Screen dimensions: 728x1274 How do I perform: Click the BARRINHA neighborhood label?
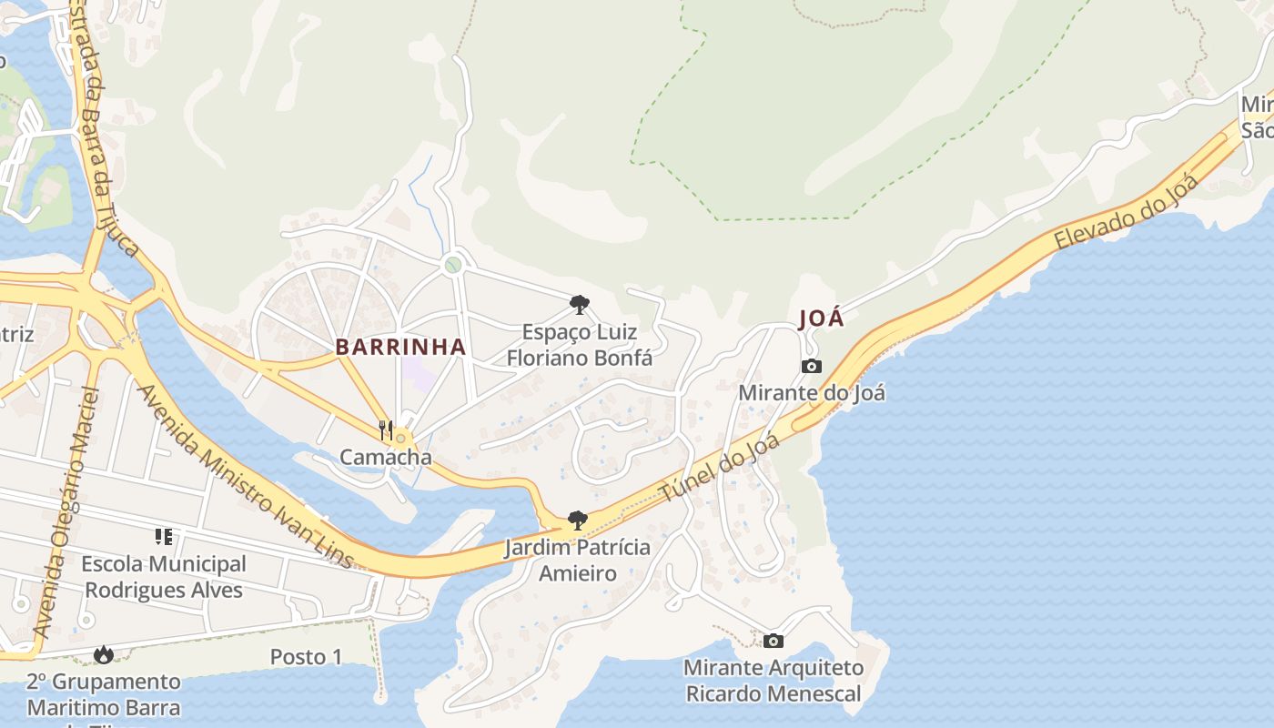point(400,347)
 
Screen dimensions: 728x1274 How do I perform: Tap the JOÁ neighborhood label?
point(821,319)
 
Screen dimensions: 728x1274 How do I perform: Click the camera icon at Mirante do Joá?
point(812,366)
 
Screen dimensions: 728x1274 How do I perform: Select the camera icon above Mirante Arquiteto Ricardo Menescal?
point(773,641)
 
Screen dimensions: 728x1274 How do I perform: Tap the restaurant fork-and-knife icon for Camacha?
point(386,430)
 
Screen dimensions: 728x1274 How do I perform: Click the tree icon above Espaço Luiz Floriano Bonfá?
point(579,305)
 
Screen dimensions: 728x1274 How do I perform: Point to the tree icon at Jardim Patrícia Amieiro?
point(576,521)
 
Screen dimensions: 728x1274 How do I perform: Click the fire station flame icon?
point(104,654)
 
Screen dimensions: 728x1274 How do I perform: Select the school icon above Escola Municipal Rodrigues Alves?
point(164,537)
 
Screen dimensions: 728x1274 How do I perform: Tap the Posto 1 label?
point(306,657)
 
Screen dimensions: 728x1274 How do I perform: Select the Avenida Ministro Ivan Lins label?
point(244,476)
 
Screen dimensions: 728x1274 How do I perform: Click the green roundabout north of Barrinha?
point(452,265)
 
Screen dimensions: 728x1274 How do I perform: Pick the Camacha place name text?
point(386,457)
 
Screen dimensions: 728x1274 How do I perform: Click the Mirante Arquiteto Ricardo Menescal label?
point(773,681)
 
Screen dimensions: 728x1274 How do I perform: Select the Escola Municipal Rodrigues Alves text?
point(164,577)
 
